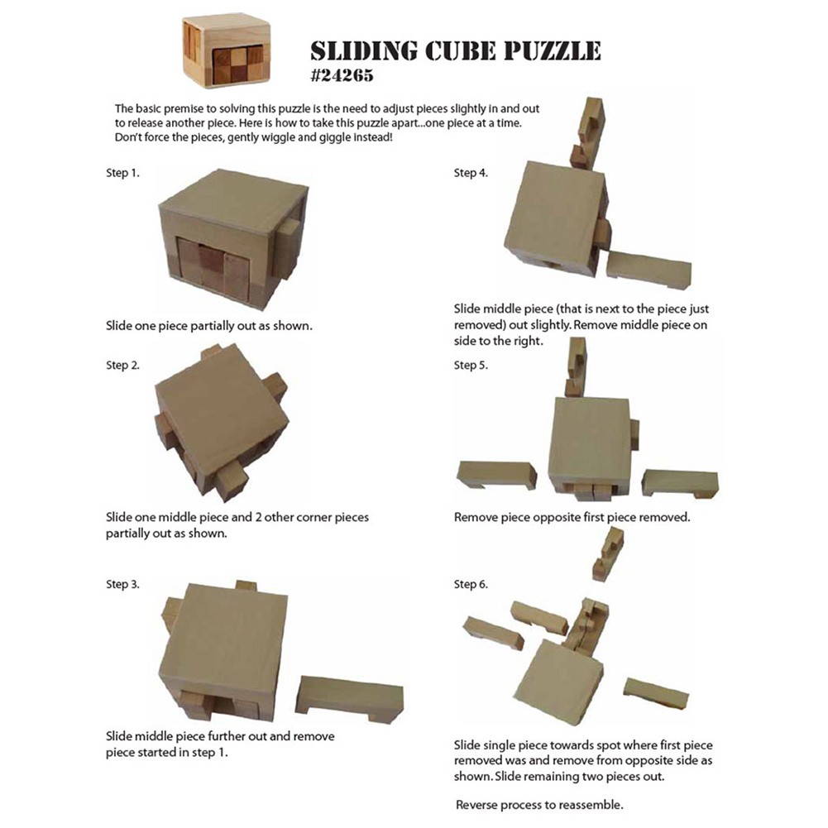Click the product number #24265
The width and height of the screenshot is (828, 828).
(342, 75)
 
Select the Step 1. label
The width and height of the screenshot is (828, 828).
(122, 173)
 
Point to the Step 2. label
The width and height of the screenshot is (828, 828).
(122, 365)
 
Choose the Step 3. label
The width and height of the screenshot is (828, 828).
(122, 584)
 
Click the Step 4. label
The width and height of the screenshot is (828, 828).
(471, 173)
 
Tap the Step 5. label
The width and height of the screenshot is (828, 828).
(471, 365)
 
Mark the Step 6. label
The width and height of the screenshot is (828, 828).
(471, 584)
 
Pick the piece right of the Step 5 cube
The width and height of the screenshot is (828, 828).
(680, 483)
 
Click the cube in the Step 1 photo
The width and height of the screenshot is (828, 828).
(232, 239)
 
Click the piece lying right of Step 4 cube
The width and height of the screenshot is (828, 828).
(649, 270)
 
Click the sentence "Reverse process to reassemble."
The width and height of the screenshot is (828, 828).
(539, 805)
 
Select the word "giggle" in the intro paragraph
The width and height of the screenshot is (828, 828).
(333, 137)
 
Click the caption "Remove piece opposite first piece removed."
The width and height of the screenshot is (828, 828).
(572, 517)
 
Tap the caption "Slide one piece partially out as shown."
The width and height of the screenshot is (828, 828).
(209, 326)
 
